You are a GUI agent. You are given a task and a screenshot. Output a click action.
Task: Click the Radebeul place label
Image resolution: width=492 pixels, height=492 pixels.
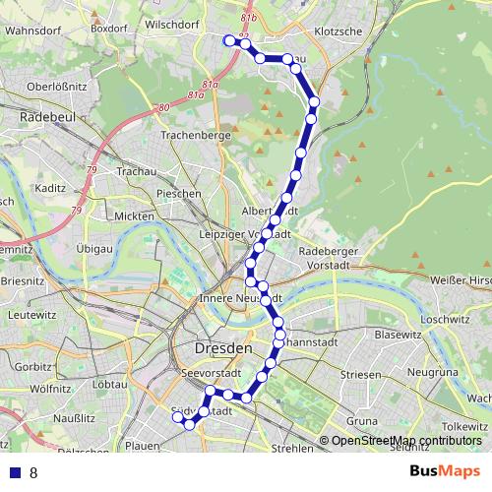click(43, 117)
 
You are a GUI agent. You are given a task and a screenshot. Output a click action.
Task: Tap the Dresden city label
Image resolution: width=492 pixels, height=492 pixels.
click(224, 348)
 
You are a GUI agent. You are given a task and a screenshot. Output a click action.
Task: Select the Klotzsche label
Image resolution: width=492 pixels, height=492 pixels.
click(338, 31)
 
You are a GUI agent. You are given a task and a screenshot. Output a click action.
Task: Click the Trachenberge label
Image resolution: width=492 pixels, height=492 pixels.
click(195, 134)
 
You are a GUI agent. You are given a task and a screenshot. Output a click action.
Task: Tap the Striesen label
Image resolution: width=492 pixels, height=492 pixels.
click(360, 375)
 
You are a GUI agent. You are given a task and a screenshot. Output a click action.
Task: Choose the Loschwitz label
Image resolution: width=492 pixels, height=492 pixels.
click(446, 320)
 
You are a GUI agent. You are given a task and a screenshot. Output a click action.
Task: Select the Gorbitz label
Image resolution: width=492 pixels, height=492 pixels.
click(33, 366)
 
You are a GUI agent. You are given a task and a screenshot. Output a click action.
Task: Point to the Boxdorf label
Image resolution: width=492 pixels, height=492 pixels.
click(109, 29)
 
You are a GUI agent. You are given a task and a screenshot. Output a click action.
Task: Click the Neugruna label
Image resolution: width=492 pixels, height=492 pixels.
click(432, 373)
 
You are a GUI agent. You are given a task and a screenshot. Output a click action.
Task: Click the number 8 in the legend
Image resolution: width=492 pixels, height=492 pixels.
click(33, 472)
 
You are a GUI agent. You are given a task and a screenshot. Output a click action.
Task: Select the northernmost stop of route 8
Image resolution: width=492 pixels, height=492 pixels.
click(228, 40)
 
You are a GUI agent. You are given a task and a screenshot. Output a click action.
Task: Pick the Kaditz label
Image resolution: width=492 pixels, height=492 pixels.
click(48, 187)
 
